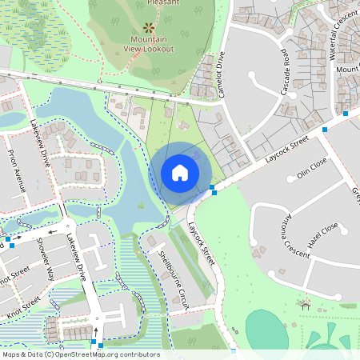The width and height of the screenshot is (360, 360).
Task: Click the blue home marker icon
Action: tap(180, 172)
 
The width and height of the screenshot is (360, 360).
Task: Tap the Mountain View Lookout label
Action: tap(150, 43)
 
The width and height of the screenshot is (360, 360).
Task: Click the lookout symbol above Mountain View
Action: tap(149, 26)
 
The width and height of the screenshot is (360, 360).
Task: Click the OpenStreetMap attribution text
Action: tap(80, 354)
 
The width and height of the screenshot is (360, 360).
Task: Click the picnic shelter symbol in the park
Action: tap(304, 304)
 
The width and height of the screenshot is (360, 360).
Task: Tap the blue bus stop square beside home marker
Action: tap(213, 190)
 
